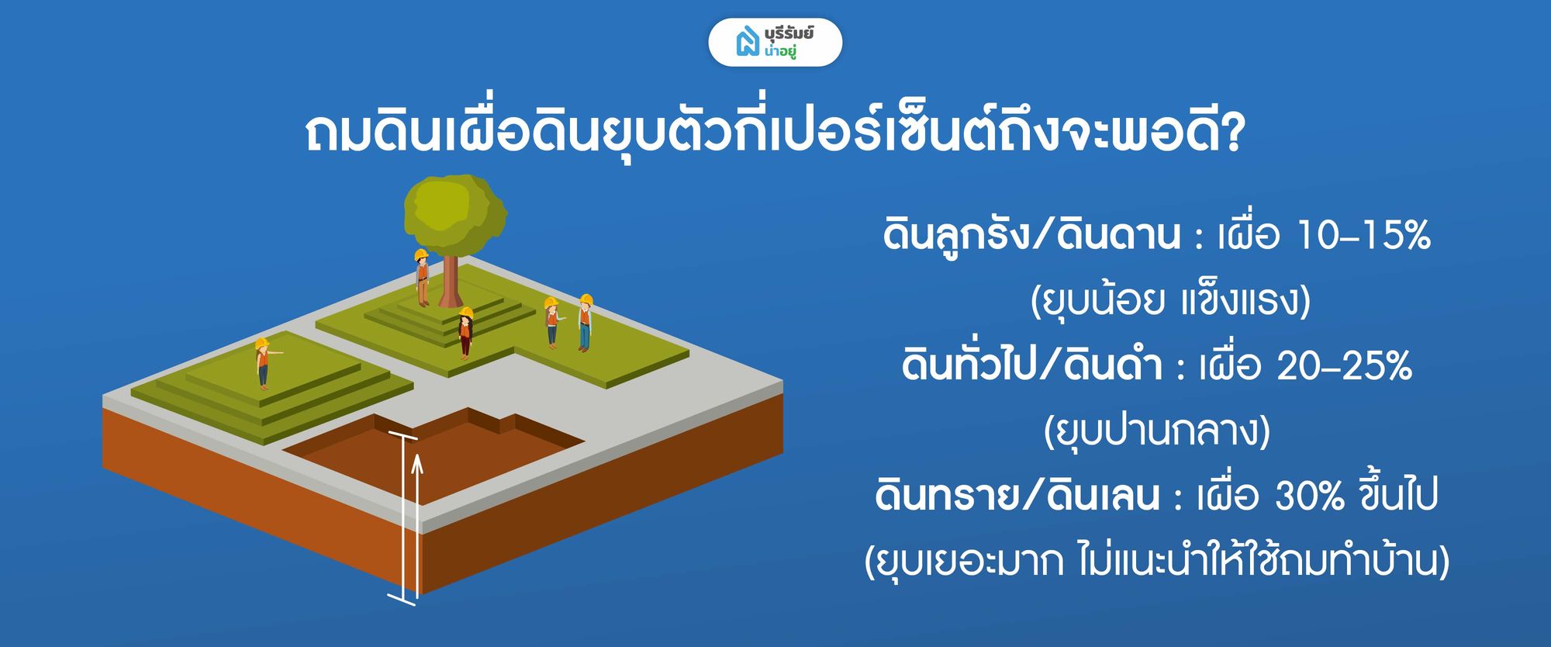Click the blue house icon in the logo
pos(747,42)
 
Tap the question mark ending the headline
pos(1230,134)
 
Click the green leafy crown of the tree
pos(454,213)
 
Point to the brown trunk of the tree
pos(451,280)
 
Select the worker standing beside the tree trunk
pos(422,277)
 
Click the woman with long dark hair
pos(465,332)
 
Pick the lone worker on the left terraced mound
pos(264,362)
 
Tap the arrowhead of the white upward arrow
pos(417,464)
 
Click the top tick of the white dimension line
pos(403,436)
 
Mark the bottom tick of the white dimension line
pos(402,599)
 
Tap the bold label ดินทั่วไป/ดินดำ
pos(1031,365)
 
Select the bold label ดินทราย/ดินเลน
pos(1017,495)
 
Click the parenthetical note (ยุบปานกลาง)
pos(1157,431)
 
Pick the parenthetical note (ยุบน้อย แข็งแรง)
pos(1170,300)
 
